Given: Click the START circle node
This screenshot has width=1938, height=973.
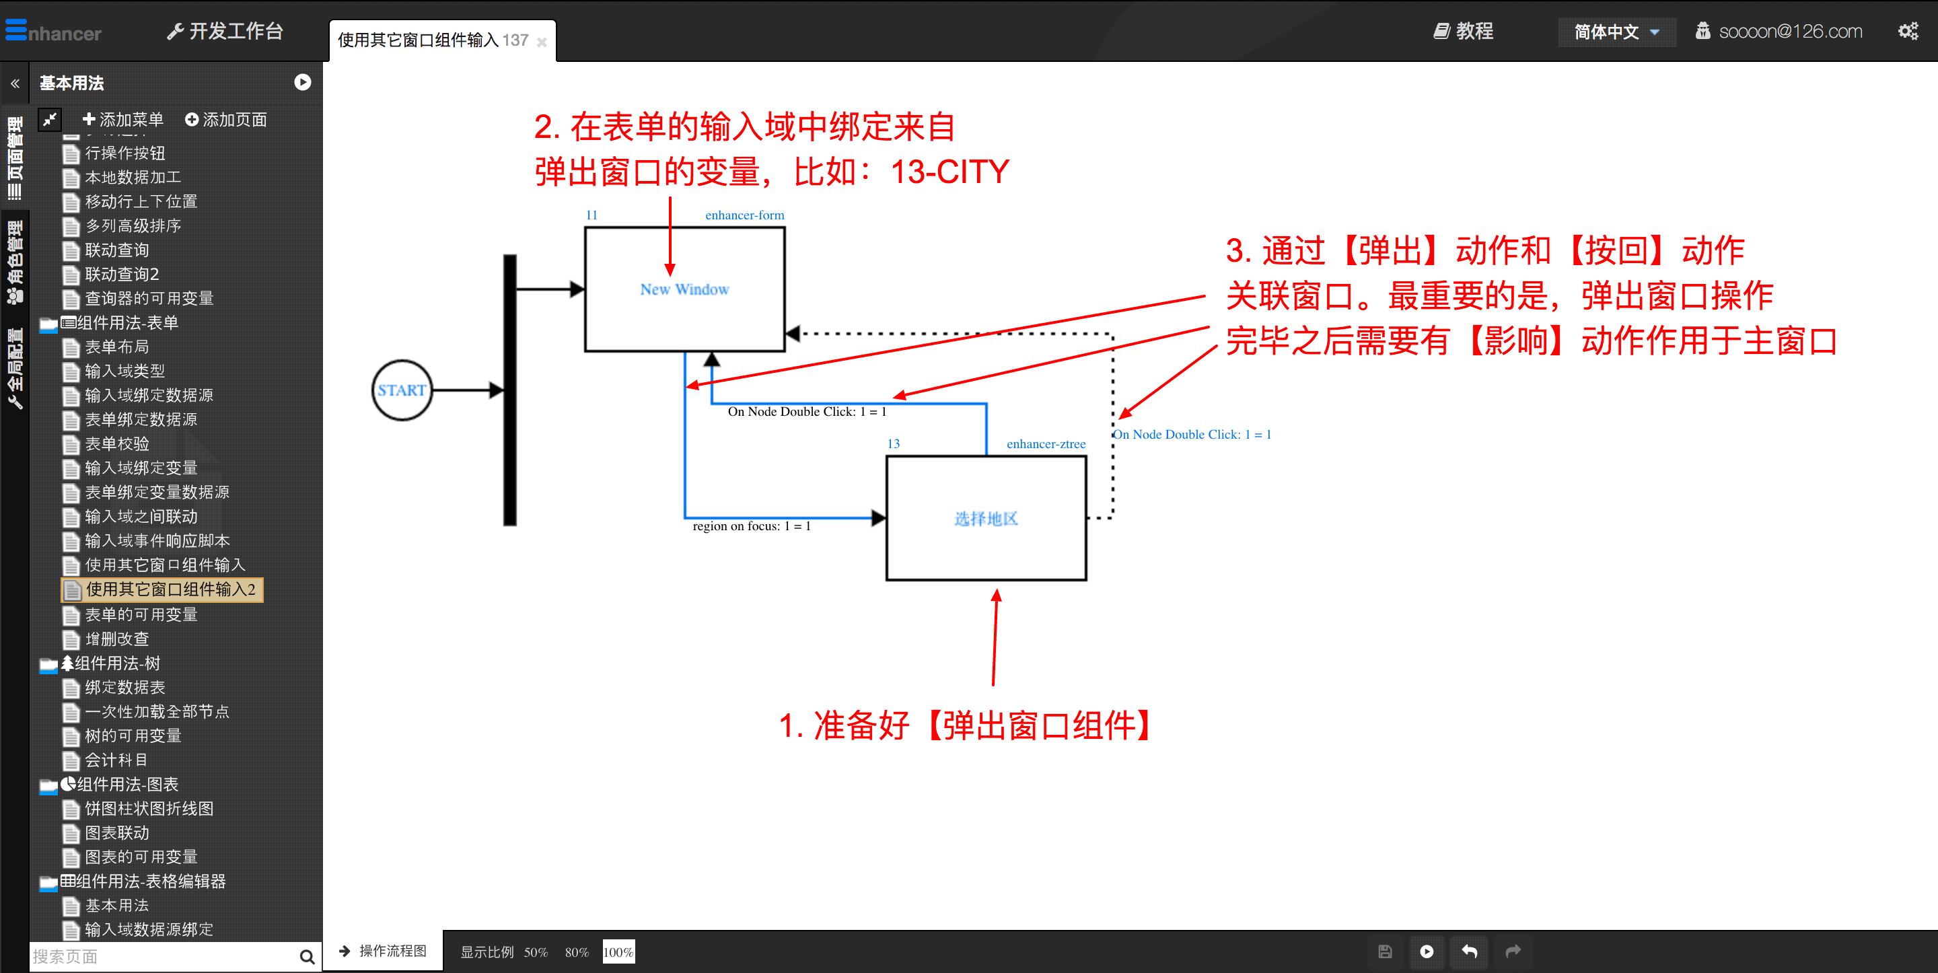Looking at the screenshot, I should point(402,390).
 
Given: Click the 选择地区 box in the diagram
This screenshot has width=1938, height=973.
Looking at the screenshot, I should point(986,519).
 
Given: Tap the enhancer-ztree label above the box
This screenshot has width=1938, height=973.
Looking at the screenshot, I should point(1046,444).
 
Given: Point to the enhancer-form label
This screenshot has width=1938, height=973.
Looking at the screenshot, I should point(744,215).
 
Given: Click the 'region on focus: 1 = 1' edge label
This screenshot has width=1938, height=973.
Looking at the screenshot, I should point(752,526).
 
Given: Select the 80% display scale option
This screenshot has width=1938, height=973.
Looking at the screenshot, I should point(576,952).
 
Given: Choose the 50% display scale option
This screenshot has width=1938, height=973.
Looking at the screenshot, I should point(535,952).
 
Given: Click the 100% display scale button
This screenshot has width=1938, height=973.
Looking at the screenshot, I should point(618,952).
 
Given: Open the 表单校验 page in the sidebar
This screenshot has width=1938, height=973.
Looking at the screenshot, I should point(116,444).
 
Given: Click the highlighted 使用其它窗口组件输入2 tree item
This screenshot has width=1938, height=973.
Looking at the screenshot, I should point(170,589).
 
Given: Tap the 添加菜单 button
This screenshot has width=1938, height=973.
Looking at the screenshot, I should point(122,120).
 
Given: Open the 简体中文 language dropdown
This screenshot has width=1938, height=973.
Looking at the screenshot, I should point(1616,32).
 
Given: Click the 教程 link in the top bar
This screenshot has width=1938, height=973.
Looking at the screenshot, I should point(1464,32).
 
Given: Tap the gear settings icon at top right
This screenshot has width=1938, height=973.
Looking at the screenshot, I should point(1908,32).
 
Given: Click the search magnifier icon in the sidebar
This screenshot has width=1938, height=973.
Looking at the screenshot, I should point(306,956).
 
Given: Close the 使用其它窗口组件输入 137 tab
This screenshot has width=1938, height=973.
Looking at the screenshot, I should point(542,42).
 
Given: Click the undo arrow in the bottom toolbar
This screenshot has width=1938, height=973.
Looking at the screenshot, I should point(1469,951).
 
